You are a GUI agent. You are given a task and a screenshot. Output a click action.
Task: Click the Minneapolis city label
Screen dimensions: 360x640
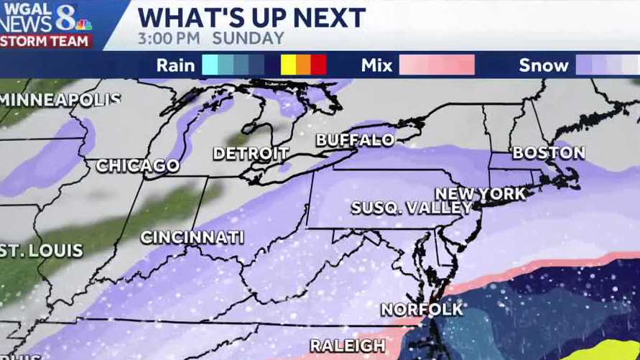point(60,100)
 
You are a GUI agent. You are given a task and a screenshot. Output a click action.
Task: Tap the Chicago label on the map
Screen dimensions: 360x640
point(138,165)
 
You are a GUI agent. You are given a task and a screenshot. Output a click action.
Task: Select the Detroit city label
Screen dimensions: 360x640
point(251,153)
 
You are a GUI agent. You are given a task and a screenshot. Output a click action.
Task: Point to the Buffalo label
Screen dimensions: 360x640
point(356,140)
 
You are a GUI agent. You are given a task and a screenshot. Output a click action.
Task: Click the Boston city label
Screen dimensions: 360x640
point(548,152)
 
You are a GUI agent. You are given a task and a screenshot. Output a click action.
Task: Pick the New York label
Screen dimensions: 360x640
point(481,194)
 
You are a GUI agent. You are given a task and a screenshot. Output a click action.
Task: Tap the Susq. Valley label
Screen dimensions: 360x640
point(412,208)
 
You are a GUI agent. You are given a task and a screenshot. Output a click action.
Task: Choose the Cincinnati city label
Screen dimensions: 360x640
point(192,237)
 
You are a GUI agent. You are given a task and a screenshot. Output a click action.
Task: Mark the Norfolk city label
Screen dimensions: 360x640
point(422,309)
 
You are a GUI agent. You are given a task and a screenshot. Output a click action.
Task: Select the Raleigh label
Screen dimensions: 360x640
point(347,346)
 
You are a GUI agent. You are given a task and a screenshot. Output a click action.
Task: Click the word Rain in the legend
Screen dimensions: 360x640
point(175,65)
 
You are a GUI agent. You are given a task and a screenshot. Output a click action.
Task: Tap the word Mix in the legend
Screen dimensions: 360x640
point(377,65)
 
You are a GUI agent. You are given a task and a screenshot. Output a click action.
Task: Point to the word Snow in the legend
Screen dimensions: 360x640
point(544,65)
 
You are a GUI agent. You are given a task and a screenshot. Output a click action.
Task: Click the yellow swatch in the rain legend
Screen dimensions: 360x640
point(288,65)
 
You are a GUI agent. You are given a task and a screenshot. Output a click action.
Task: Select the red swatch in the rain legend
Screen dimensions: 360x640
point(319,65)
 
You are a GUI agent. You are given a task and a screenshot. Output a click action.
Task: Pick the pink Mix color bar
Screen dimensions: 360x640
point(437,65)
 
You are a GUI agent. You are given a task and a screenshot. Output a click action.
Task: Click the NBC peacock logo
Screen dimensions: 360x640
point(84,24)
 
